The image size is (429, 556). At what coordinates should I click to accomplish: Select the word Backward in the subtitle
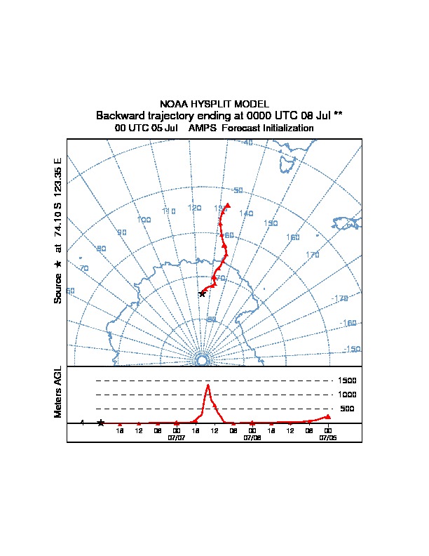[x=119, y=115]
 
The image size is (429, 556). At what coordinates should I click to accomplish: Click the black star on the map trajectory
[x=203, y=293]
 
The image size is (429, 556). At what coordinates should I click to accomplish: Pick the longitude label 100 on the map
[x=144, y=220]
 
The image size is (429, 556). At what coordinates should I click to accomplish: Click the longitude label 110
[x=168, y=211]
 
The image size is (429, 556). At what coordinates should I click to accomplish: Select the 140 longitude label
[x=246, y=213]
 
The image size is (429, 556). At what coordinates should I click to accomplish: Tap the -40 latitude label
[x=247, y=143]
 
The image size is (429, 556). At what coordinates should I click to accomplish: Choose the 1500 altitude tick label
[x=348, y=380]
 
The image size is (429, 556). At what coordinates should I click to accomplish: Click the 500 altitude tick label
[x=347, y=409]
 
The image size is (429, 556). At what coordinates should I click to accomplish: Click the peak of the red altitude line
[x=208, y=385]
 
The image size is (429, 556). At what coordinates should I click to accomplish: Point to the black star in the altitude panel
[x=101, y=423]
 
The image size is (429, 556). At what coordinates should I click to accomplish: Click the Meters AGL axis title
[x=58, y=392]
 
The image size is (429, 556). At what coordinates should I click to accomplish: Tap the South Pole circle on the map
[x=202, y=360]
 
